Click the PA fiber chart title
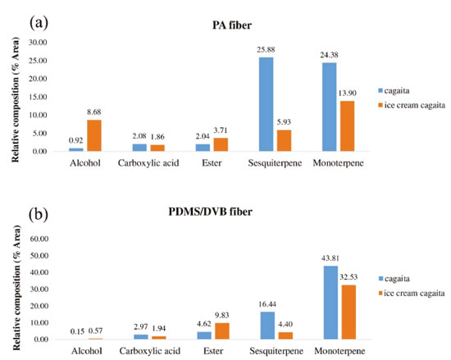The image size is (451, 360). (x=232, y=25)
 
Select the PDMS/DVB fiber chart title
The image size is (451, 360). (x=210, y=212)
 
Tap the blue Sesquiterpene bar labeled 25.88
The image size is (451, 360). (x=266, y=104)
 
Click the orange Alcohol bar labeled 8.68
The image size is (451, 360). (x=94, y=135)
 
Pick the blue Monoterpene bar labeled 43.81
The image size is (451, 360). (x=330, y=303)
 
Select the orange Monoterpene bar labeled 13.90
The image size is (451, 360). (x=347, y=126)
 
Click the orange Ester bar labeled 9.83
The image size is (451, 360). (x=222, y=331)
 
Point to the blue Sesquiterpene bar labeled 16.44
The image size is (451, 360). (x=267, y=326)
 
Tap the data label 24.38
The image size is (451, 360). (x=330, y=55)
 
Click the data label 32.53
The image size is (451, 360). (x=348, y=277)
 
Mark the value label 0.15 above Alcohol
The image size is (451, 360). (x=77, y=331)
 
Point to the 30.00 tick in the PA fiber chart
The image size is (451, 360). (x=38, y=43)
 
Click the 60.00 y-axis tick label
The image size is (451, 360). (x=39, y=239)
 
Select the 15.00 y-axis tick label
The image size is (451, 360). (x=38, y=97)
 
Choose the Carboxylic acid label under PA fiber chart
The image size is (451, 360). (x=148, y=163)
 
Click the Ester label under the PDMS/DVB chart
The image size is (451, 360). (x=213, y=351)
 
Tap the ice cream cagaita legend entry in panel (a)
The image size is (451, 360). (x=412, y=105)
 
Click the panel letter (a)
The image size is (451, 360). (x=39, y=23)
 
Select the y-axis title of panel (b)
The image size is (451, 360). (x=16, y=288)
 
